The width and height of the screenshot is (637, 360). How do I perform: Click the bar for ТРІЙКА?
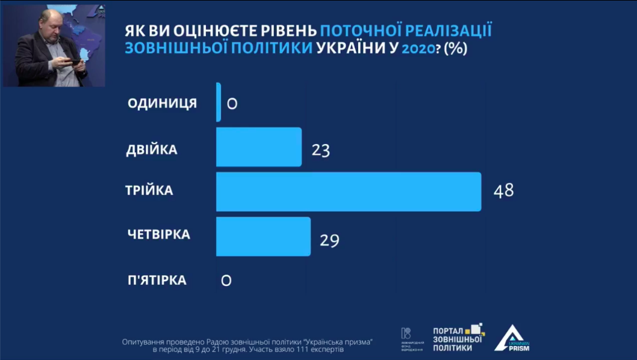348,191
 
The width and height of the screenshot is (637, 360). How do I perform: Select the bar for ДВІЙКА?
258,147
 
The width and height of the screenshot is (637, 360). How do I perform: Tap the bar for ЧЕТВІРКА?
263,236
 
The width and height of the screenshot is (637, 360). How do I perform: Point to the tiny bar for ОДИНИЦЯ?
219,102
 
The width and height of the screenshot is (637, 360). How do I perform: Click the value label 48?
503,191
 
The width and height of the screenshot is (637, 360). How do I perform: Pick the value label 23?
321,150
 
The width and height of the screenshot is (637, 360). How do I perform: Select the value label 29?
329,241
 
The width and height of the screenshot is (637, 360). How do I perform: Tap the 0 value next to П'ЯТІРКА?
226,280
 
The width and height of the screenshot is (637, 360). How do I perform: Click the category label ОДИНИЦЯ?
162,103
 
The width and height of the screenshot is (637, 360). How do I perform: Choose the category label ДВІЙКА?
152,149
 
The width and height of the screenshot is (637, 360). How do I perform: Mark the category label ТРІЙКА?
149,190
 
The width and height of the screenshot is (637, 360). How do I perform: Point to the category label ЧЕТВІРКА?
158,234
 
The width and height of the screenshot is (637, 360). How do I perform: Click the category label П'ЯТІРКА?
157,280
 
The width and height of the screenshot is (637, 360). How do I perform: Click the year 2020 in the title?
418,49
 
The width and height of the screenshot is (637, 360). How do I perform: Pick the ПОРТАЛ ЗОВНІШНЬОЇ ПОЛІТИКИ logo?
458,338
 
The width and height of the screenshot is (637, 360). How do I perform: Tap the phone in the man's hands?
72,60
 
